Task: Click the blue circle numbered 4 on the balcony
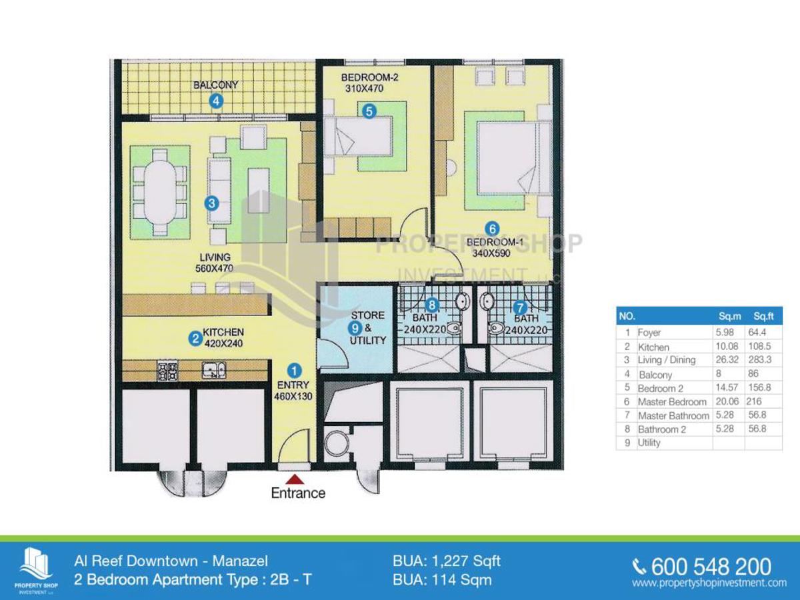point(216,101)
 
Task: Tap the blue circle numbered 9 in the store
point(355,328)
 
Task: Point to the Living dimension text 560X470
point(214,269)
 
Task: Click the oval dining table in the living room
point(160,193)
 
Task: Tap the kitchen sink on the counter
point(214,370)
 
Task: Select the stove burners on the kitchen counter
point(167,370)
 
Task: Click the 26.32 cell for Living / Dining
point(727,359)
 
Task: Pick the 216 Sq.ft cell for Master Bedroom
point(754,401)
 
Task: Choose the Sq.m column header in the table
point(729,316)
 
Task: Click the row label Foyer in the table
point(649,332)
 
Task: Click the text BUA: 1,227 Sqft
point(447,561)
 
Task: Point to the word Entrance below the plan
point(298,493)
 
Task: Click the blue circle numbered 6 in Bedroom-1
point(492,229)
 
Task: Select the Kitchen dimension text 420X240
point(223,343)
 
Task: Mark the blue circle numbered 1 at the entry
point(294,371)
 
